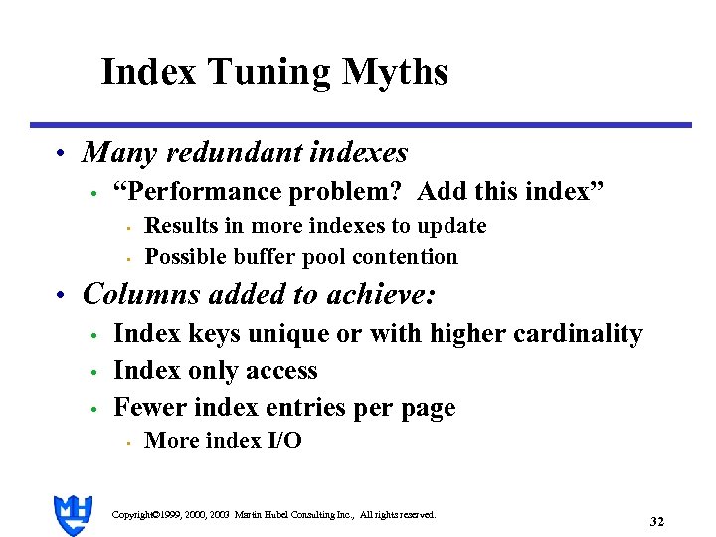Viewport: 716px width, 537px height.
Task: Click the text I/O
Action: (x=283, y=441)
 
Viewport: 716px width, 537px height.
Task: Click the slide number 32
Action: (x=656, y=521)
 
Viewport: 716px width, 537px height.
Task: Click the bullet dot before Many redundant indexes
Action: (x=61, y=154)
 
